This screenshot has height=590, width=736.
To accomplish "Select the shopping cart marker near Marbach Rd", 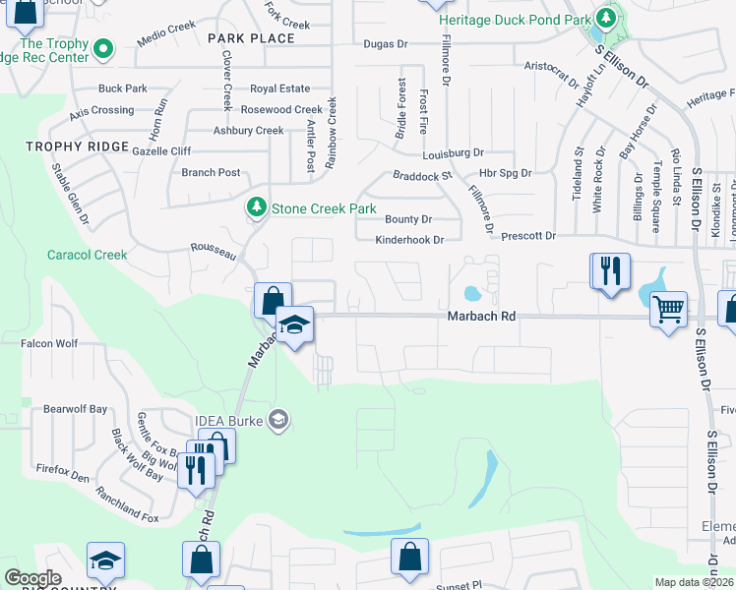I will [x=669, y=311].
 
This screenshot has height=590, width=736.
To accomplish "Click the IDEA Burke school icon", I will [x=278, y=421].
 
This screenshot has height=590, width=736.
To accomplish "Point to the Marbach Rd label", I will [x=481, y=317].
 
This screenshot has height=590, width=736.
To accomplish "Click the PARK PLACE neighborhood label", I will [x=251, y=38].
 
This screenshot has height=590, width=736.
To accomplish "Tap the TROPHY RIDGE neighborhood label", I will [x=78, y=147].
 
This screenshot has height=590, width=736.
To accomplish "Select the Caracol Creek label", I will [x=88, y=255].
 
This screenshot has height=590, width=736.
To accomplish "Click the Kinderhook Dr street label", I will [x=410, y=240].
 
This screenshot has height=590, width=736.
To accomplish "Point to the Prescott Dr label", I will [x=528, y=236].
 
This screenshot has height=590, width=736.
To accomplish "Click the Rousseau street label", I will [x=214, y=252].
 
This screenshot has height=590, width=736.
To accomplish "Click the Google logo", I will [x=32, y=578].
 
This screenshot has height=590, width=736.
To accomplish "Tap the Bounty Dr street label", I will [x=408, y=219].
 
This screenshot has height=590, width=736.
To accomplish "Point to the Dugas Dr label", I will [x=385, y=44].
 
